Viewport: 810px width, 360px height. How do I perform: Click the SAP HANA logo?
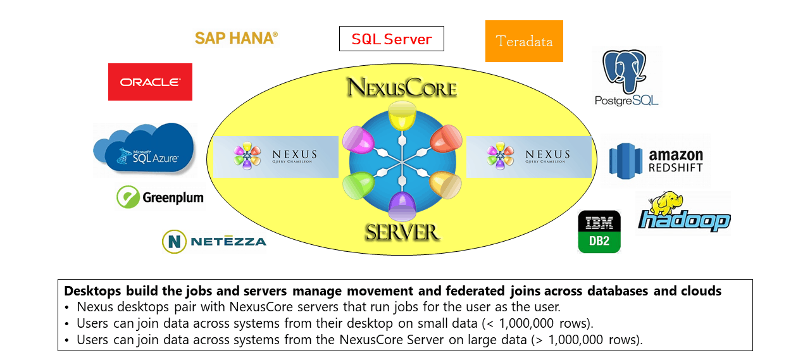[236, 38]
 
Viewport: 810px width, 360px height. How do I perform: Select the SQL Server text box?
[391, 39]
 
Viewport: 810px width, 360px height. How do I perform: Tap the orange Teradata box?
[524, 41]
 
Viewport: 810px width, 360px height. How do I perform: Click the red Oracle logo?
[150, 82]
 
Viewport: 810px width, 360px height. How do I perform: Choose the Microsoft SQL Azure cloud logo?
[146, 150]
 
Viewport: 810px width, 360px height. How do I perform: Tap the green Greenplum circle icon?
[128, 197]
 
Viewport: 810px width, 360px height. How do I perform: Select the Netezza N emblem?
[174, 241]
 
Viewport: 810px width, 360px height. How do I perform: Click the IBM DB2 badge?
[599, 232]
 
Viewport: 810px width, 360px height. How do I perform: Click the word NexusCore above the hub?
[401, 88]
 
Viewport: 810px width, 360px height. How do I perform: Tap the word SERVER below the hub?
[402, 232]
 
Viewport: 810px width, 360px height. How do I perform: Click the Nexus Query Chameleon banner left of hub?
[276, 156]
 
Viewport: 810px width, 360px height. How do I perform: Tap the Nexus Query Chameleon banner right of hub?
[529, 156]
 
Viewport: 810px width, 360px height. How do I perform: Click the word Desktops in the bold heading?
[92, 292]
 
